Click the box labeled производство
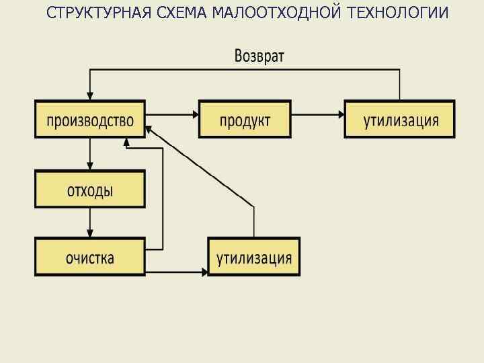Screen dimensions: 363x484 pos(90,120)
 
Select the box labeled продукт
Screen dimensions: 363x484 pos(245,120)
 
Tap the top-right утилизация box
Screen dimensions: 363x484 pos(399,120)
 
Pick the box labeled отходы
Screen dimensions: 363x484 pos(90,189)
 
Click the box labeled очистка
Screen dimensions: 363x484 pos(90,257)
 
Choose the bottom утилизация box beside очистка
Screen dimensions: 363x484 pos(253,257)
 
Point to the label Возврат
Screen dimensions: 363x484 pos(259,56)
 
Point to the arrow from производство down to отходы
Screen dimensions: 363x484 pos(90,154)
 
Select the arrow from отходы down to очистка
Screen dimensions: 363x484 pos(90,223)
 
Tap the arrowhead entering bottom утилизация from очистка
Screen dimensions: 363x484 pos(204,272)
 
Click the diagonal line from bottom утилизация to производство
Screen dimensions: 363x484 pos(202,168)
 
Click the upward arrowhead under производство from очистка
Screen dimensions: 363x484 pos(126,142)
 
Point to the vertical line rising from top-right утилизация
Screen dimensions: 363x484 pos(400,84)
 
